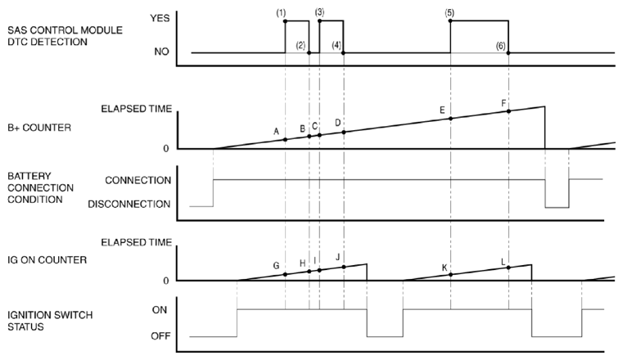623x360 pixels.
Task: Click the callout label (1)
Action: (x=281, y=13)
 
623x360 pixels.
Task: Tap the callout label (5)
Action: (x=449, y=13)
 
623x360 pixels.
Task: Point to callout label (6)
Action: (x=501, y=46)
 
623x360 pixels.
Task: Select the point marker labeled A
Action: (x=285, y=140)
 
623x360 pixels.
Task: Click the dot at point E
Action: (x=450, y=119)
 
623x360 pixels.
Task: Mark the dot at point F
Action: (x=508, y=111)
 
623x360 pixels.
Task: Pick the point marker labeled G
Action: (x=285, y=274)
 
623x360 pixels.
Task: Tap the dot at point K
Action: (x=450, y=274)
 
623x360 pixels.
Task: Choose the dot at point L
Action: (x=508, y=268)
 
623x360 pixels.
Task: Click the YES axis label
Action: (x=160, y=18)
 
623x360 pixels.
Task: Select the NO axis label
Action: (x=162, y=52)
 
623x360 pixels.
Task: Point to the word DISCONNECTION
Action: (x=129, y=204)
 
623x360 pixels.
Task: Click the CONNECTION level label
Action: (x=138, y=180)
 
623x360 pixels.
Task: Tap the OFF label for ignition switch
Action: (x=160, y=336)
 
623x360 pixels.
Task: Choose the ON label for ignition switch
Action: (x=160, y=310)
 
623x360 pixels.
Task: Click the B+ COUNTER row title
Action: (x=39, y=128)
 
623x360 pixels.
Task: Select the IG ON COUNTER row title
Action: (x=47, y=260)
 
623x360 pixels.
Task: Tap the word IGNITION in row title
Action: (x=30, y=315)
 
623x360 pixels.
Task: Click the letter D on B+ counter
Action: (x=338, y=123)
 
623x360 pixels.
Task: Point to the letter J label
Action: (x=338, y=257)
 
